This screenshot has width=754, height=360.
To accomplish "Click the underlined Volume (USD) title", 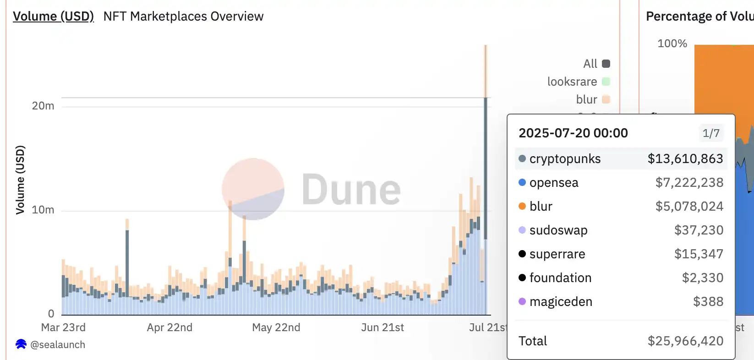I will [x=53, y=16].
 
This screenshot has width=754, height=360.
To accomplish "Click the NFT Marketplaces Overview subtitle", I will [x=183, y=16].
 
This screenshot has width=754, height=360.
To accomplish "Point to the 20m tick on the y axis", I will [x=43, y=106].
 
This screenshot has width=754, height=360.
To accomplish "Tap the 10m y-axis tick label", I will [x=43, y=210].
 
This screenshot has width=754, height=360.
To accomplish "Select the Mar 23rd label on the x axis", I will [x=63, y=327].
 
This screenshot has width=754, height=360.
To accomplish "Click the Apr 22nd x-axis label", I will [x=169, y=327].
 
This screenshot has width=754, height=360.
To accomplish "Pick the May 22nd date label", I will [x=276, y=327].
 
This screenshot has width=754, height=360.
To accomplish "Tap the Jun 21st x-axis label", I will [x=382, y=327].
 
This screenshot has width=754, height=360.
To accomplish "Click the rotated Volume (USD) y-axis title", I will [x=20, y=180].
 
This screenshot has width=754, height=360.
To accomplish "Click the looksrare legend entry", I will [x=578, y=82].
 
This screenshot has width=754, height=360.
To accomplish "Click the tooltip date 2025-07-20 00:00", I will [x=573, y=133].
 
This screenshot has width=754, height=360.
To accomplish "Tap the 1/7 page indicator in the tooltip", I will [x=711, y=133].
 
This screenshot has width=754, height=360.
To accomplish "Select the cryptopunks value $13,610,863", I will [x=685, y=159].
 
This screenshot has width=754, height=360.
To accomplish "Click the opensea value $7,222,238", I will [x=689, y=183].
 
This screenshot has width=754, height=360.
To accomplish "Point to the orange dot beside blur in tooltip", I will [x=522, y=207].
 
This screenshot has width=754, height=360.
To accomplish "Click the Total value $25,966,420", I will [x=685, y=341].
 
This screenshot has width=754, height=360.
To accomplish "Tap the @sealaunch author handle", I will [x=57, y=345].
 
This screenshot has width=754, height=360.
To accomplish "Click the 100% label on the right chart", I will [x=672, y=44].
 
